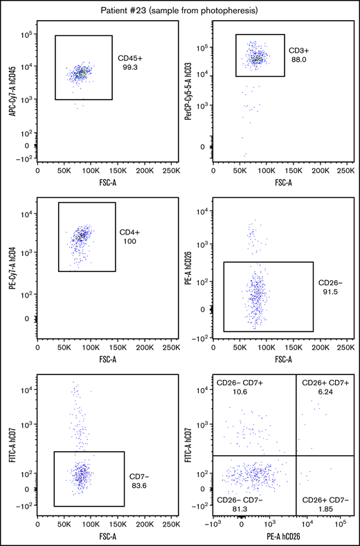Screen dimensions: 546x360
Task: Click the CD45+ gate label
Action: (131, 58)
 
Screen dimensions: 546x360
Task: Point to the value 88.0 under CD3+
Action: (299, 60)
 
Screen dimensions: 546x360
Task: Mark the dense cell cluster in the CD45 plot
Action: (81, 72)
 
